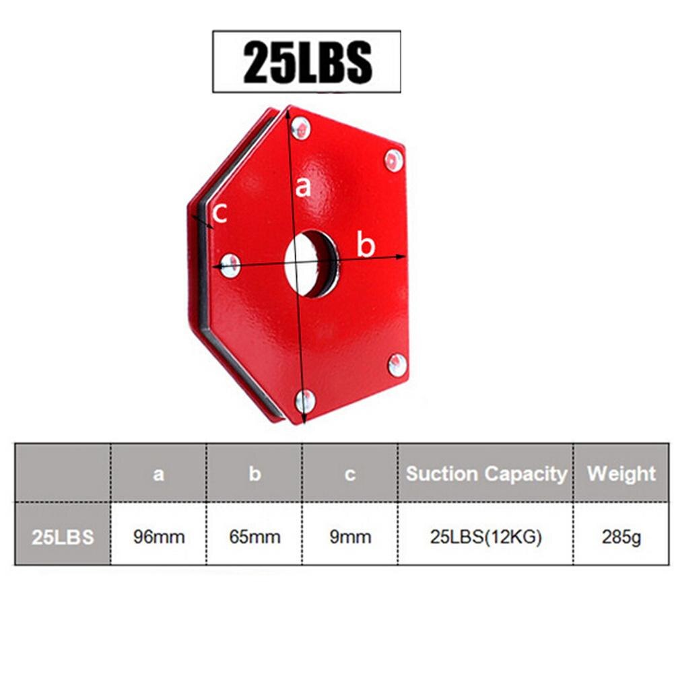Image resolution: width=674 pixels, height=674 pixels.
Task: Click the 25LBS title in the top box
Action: (x=307, y=62)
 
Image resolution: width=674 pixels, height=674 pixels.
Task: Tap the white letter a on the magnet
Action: (x=303, y=187)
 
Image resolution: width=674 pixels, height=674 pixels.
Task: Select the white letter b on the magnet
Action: (x=365, y=246)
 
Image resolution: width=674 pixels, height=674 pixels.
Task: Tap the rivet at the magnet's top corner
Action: (x=300, y=128)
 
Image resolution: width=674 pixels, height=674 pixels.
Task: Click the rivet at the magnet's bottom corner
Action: (x=305, y=401)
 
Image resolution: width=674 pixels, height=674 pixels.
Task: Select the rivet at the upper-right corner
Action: (x=393, y=160)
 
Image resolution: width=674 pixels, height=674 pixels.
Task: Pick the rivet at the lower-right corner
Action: (x=397, y=365)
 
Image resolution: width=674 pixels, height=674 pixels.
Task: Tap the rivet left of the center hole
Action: (x=230, y=265)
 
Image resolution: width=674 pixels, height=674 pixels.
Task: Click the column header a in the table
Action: (x=158, y=474)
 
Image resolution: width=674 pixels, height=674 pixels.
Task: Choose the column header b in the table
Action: (x=255, y=474)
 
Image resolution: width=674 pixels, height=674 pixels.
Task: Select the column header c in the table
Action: (x=350, y=474)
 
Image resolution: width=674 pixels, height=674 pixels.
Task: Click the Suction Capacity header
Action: (x=486, y=474)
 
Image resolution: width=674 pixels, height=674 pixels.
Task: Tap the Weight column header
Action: (x=621, y=473)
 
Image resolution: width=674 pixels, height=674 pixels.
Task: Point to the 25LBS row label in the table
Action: (x=63, y=537)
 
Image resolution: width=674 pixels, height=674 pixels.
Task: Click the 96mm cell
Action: (x=158, y=537)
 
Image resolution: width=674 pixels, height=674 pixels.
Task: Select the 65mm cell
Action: (x=255, y=537)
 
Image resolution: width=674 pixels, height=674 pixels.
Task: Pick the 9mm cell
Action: (x=350, y=537)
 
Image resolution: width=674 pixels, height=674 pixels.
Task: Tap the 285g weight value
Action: (x=621, y=537)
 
